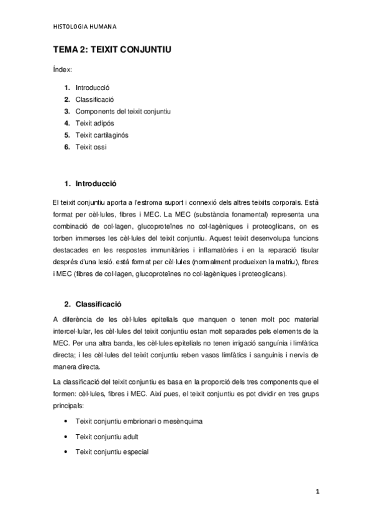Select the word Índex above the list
coord(61,71)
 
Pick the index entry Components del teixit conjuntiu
coord(123,111)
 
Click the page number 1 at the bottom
coord(316,494)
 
